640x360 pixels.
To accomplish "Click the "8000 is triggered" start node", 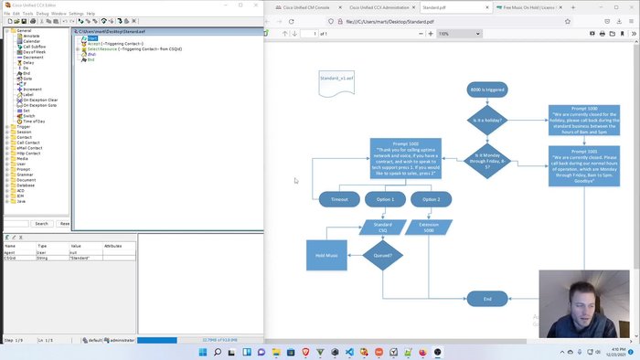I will click(486, 90).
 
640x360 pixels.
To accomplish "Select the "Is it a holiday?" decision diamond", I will click(486, 120).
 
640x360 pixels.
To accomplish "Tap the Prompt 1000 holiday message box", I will click(584, 120).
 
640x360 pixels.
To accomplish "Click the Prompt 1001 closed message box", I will click(584, 165).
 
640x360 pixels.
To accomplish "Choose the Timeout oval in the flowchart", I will click(339, 199).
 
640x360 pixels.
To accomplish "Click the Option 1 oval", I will click(385, 199).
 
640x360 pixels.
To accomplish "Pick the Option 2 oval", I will click(432, 199).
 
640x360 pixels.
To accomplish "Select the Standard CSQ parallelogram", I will click(383, 227).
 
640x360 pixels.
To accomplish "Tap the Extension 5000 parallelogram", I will click(429, 227).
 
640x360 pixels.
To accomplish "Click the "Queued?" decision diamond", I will click(383, 255).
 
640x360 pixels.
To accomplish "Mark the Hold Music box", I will click(326, 255).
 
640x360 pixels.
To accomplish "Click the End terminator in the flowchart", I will click(486, 299).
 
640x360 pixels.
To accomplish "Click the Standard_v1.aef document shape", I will click(336, 79).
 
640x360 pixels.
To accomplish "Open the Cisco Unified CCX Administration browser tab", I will click(366, 6).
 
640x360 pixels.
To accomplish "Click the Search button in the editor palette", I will click(41, 223).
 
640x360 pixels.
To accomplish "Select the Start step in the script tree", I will click(92, 37).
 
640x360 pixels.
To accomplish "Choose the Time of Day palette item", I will click(34, 122).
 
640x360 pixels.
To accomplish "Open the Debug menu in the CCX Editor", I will click(42, 14).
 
